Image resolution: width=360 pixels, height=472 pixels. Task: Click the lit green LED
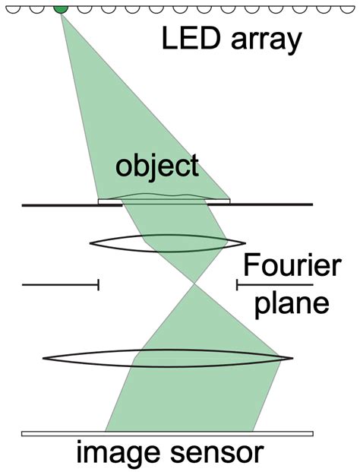click(61, 10)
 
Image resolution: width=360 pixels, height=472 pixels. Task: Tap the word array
click(266, 42)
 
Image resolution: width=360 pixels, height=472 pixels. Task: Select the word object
click(157, 166)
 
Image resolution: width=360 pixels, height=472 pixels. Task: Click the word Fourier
click(292, 265)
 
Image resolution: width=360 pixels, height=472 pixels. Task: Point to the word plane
click(292, 304)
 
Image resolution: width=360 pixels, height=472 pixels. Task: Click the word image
click(118, 453)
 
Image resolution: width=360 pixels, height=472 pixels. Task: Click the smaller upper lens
click(168, 243)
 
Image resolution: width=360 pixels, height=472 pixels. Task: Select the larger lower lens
click(168, 358)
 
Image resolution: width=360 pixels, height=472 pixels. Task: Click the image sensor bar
click(167, 433)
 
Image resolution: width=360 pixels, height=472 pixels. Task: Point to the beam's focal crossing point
click(194, 284)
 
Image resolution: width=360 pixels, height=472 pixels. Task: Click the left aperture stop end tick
click(99, 284)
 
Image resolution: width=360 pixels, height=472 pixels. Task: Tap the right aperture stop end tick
click(237, 284)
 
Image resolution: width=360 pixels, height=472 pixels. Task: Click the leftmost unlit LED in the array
click(13, 10)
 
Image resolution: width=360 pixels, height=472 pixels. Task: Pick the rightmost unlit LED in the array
click(348, 10)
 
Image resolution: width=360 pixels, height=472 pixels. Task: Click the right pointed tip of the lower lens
click(293, 358)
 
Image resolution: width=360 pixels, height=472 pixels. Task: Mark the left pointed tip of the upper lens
click(90, 243)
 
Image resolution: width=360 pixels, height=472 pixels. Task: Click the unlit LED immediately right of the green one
click(84, 10)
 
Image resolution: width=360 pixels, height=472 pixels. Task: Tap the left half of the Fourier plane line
click(61, 284)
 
